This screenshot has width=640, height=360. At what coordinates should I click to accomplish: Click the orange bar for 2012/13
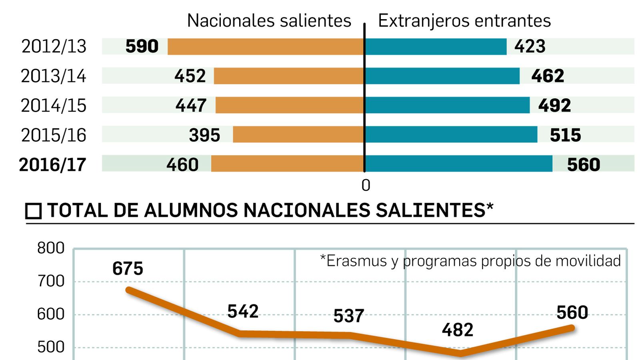(266, 46)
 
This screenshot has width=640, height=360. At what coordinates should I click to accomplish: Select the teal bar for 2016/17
(458, 164)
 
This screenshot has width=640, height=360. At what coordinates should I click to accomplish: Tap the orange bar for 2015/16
(298, 134)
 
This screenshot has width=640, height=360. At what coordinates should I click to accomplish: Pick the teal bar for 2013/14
(442, 76)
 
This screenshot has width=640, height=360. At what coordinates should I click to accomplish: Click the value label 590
(142, 46)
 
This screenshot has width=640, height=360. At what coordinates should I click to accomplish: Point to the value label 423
(530, 46)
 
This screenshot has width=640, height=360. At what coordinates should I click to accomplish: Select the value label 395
(204, 135)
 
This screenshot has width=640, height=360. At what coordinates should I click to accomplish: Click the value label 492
(554, 106)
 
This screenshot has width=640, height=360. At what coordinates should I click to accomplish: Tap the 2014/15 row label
(54, 106)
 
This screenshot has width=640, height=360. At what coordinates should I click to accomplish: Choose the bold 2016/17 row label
(52, 165)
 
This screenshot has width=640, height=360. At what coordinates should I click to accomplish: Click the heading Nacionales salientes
(269, 21)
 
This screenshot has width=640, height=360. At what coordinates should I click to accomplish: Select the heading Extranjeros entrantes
(464, 21)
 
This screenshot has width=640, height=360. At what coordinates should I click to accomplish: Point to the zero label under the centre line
(366, 186)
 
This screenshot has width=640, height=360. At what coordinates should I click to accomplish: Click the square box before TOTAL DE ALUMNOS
(34, 211)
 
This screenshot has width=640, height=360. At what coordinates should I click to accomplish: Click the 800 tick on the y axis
(51, 248)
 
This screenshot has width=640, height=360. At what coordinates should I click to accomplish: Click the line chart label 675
(128, 268)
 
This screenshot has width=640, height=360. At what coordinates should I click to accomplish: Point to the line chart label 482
(457, 330)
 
